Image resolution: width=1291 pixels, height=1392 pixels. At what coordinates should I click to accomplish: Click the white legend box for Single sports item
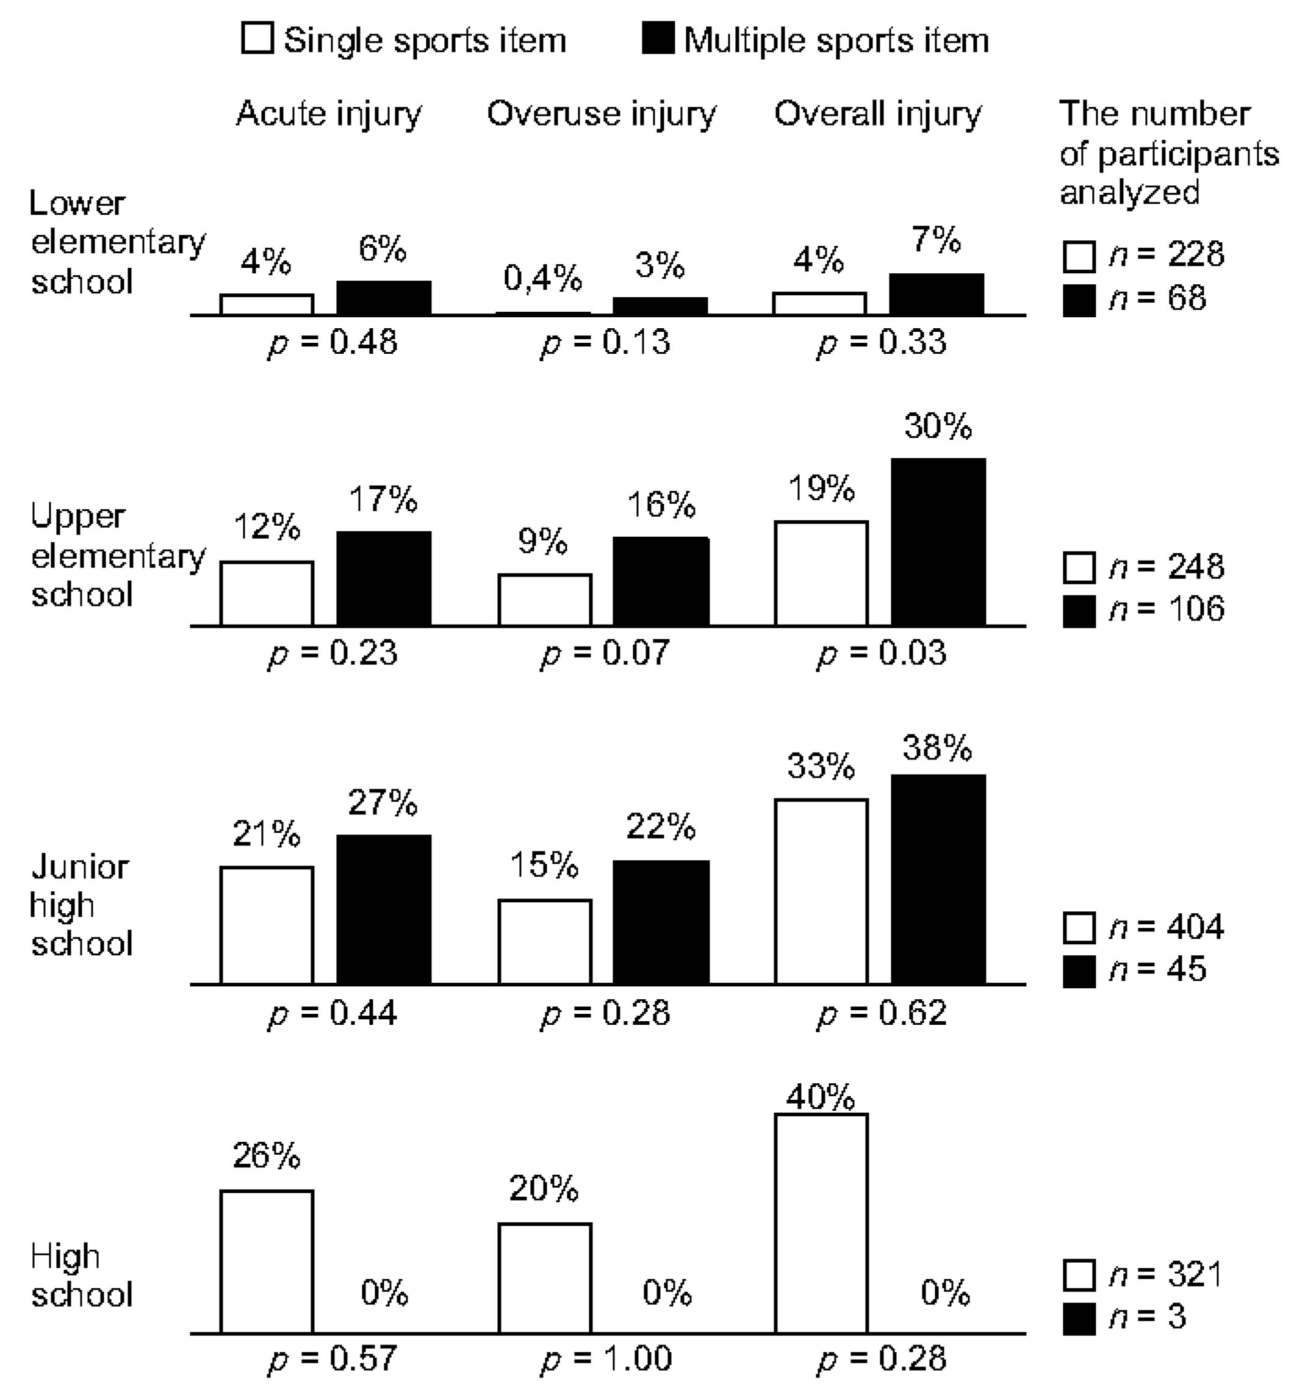(x=256, y=38)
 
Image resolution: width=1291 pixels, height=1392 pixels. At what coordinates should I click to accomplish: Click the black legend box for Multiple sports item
(x=658, y=38)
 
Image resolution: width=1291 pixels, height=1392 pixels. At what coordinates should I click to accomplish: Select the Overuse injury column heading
(x=602, y=114)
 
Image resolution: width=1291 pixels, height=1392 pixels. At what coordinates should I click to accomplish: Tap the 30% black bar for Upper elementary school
(x=938, y=542)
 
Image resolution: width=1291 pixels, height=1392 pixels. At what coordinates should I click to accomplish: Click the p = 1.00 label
(x=606, y=1358)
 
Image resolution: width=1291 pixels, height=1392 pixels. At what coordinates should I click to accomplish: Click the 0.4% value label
(x=542, y=279)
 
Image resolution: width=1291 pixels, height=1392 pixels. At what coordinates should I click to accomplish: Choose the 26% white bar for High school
(x=267, y=1261)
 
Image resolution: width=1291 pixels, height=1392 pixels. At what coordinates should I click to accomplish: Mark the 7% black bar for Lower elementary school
(x=936, y=294)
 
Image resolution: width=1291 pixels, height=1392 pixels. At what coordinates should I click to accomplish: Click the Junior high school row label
(x=81, y=905)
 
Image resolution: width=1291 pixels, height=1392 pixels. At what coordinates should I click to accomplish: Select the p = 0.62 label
(x=882, y=1013)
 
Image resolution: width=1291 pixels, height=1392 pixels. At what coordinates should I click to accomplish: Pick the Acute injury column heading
(x=329, y=114)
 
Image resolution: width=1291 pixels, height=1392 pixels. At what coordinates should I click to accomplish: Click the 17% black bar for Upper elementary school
(x=384, y=578)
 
